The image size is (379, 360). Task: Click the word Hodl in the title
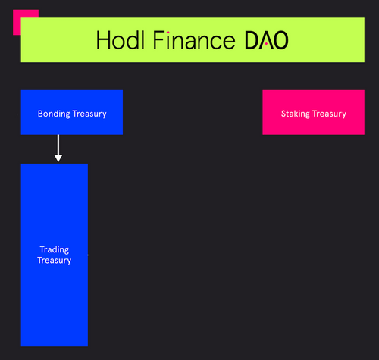(x=121, y=41)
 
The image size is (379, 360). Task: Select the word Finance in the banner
(x=193, y=41)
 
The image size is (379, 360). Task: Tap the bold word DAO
(x=266, y=41)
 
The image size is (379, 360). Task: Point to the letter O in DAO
(x=280, y=41)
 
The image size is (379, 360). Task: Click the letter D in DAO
(x=252, y=41)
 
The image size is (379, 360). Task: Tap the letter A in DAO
(x=266, y=41)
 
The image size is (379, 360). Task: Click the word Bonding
(x=53, y=114)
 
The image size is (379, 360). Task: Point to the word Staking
(x=295, y=114)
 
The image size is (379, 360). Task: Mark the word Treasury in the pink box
(x=330, y=114)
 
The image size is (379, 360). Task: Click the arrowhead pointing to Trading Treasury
(x=58, y=158)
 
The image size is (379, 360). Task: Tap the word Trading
(x=55, y=250)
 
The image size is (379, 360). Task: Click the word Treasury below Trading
(x=55, y=261)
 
